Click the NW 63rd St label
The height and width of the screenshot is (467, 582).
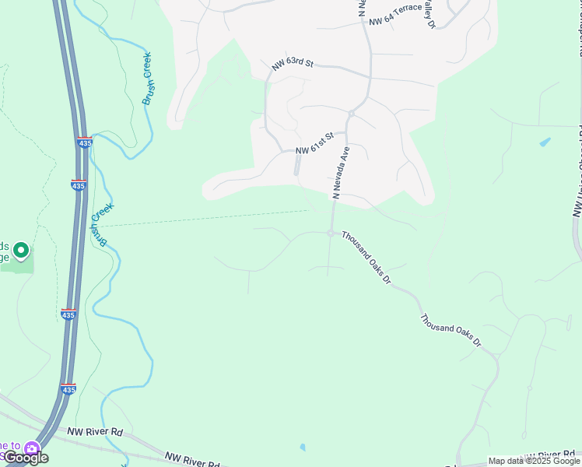[292, 65]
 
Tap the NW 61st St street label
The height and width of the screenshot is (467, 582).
[314, 143]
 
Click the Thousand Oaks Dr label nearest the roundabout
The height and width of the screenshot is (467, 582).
[366, 257]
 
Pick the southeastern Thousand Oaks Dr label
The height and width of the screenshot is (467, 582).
[451, 330]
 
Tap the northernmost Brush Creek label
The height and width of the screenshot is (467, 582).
[146, 79]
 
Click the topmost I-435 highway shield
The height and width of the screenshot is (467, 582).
[83, 142]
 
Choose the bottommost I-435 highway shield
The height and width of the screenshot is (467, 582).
[68, 388]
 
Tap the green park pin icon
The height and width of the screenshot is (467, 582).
[21, 251]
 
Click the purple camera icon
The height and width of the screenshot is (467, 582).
[32, 448]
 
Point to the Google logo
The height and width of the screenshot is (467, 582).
[26, 458]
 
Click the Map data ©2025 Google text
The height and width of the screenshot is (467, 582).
[534, 461]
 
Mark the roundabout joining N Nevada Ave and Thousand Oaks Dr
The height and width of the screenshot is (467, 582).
[331, 233]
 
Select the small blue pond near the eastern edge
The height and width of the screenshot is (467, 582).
[545, 142]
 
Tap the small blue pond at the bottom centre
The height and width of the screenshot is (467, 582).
[302, 448]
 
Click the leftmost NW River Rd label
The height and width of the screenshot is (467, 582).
[95, 431]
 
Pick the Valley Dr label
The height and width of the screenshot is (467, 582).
[430, 15]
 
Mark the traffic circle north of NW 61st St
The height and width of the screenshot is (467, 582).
[352, 114]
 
